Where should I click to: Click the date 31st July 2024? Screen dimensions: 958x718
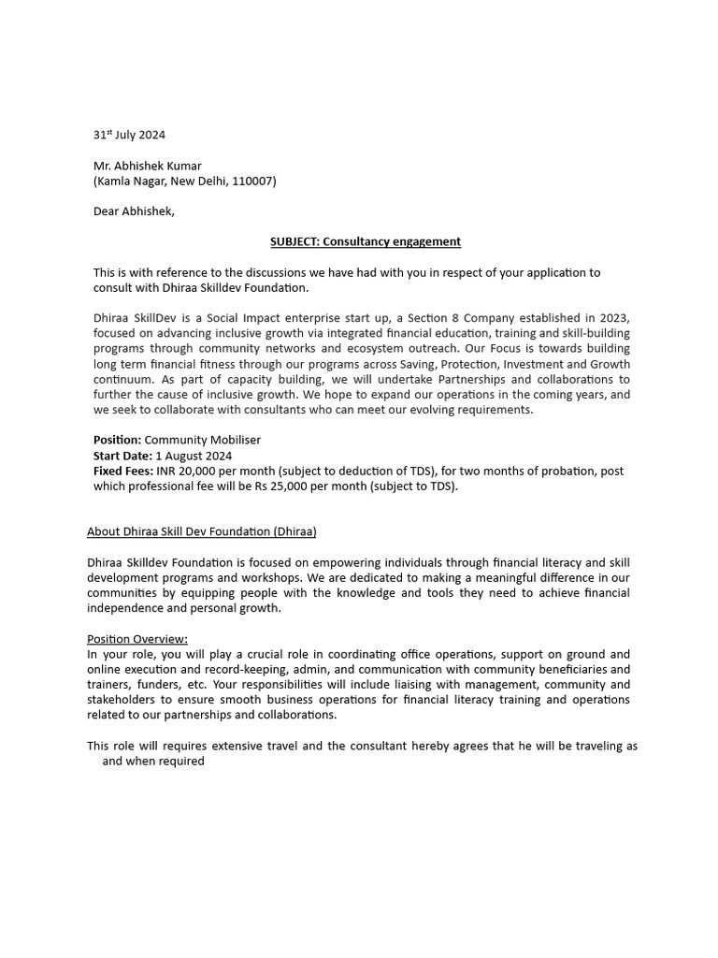tap(129, 135)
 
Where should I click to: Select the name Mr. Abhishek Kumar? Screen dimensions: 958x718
tap(147, 166)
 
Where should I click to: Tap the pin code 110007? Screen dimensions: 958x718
tap(253, 181)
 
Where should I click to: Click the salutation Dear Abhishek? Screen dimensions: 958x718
tap(133, 211)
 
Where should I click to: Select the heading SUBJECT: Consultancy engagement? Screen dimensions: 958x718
tap(366, 241)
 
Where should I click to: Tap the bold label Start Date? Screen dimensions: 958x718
tap(122, 456)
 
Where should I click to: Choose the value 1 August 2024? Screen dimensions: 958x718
tap(194, 456)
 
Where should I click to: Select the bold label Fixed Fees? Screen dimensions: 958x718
tap(122, 471)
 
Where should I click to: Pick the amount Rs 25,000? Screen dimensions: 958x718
tap(283, 486)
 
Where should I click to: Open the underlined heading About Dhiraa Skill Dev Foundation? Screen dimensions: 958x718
tap(202, 531)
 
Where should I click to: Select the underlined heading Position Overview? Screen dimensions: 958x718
tap(137, 639)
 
